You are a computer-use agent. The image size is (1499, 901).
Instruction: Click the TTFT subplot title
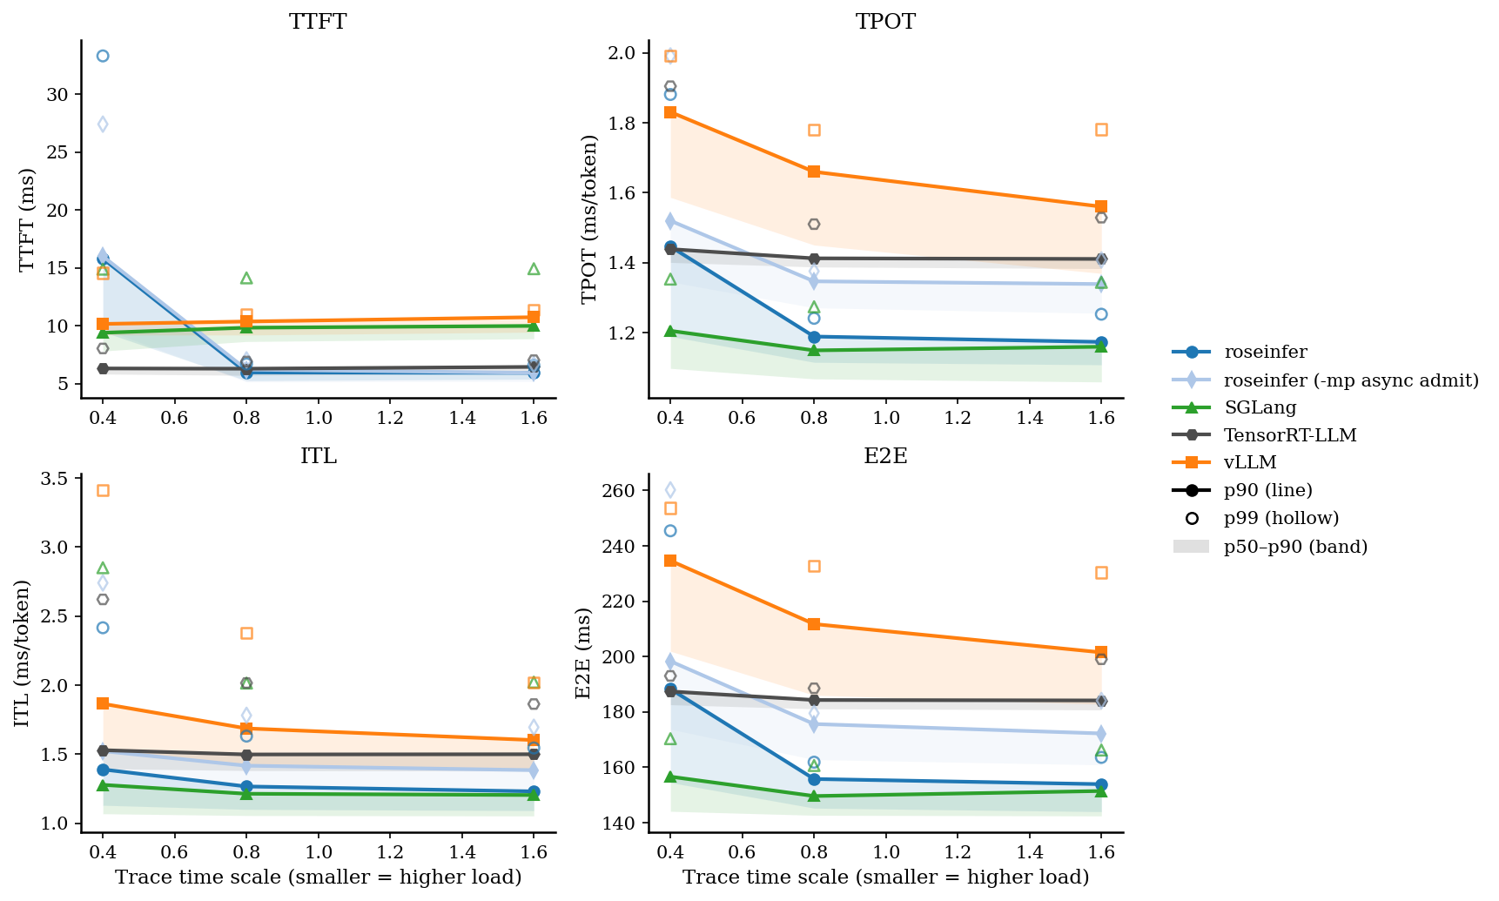pos(318,22)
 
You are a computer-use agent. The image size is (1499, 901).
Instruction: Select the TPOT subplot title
pos(885,22)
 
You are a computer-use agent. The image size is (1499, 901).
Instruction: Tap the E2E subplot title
pos(885,456)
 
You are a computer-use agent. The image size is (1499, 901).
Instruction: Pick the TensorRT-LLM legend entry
pos(1289,435)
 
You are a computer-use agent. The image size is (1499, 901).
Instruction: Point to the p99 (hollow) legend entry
pos(1281,518)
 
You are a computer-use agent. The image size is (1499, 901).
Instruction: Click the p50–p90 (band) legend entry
pos(1295,547)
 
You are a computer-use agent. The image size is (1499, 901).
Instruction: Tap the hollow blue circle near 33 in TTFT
pos(103,56)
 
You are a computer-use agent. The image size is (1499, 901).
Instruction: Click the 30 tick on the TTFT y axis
pos(57,94)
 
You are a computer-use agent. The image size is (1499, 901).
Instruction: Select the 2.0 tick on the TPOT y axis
pos(625,53)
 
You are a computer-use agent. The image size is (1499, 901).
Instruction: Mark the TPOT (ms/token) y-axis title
pos(589,219)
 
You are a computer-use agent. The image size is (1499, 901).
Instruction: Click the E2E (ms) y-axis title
pos(583,653)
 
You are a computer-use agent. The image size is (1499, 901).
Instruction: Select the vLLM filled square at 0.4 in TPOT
pos(670,112)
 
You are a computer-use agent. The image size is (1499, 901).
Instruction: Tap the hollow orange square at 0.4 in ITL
pos(103,491)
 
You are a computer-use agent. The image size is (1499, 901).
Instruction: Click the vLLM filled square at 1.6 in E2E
pos(1101,652)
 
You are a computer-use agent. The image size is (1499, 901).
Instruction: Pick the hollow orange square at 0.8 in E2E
pos(814,567)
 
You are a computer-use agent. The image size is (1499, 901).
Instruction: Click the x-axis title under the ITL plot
pos(318,877)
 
